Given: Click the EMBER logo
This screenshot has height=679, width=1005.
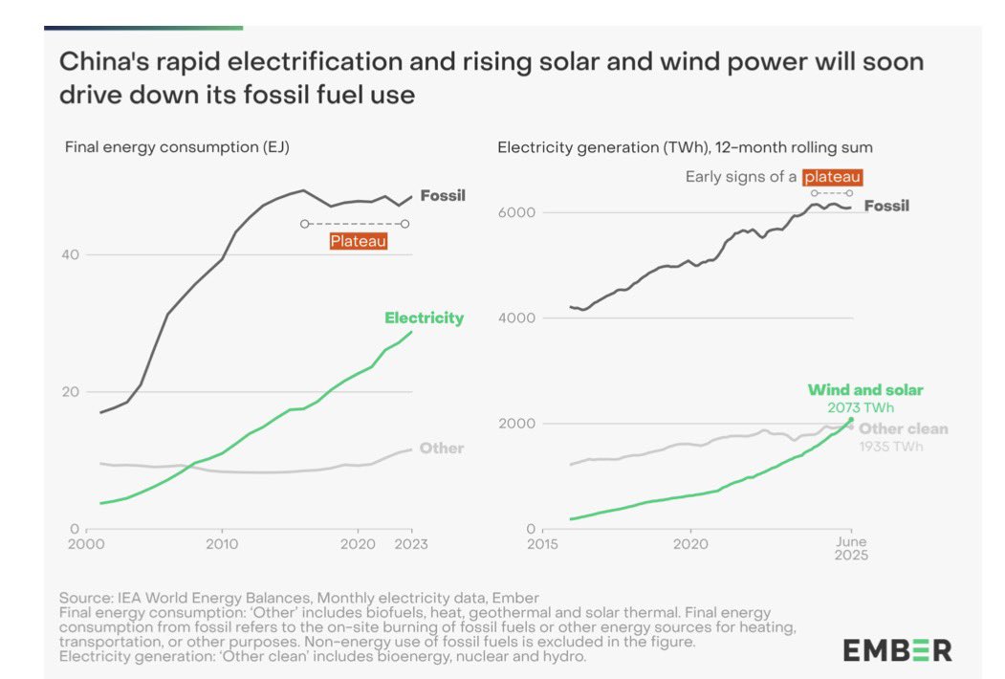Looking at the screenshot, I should tap(897, 650).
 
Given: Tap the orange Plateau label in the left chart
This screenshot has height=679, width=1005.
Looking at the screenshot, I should tap(359, 241).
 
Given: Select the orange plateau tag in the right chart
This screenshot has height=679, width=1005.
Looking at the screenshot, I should tap(832, 177).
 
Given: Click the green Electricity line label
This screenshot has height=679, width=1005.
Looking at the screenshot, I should tap(424, 318).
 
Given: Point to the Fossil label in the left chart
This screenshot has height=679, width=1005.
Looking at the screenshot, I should tap(443, 195).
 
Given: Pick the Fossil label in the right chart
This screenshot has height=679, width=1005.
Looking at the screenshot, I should tap(886, 206).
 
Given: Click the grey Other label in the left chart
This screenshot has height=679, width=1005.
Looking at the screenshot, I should tap(441, 448).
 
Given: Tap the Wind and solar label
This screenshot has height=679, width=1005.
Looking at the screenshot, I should tap(865, 390).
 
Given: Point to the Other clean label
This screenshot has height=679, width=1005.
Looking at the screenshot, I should tap(903, 428).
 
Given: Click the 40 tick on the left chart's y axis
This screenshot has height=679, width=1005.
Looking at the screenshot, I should tap(72, 254).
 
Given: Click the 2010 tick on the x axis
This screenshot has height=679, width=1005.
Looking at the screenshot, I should tap(222, 544).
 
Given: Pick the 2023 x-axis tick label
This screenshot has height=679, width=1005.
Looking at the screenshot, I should tap(411, 544).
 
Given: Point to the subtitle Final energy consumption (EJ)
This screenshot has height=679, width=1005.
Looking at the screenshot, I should tap(177, 147).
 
